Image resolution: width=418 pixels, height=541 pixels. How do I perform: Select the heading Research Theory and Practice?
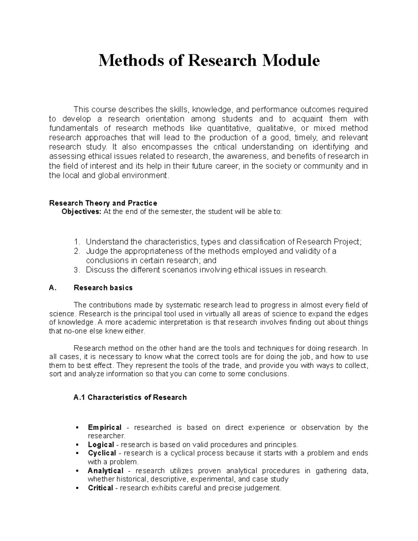point(103,203)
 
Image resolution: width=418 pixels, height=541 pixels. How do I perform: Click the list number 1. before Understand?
point(77,242)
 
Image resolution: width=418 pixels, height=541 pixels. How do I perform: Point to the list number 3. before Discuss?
point(77,270)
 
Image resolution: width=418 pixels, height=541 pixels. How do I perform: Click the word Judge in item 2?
point(95,251)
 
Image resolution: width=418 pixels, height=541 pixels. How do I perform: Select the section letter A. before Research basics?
point(53,288)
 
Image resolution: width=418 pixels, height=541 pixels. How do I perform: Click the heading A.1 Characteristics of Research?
point(130,397)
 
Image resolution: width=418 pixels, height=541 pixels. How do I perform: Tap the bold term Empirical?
point(104,427)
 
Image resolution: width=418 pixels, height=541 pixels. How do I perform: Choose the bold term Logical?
point(101,445)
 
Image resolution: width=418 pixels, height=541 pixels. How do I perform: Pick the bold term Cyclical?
point(102,453)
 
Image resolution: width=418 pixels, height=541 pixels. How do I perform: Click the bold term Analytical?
point(106,471)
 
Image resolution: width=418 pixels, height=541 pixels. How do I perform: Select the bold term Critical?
point(100,488)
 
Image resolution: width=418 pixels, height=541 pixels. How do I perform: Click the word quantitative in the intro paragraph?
point(228,128)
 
